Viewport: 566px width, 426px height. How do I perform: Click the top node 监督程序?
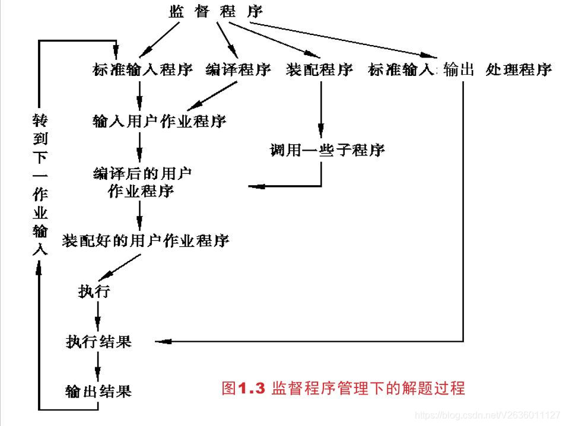coord(215,12)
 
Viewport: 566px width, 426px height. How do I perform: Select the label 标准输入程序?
coord(143,70)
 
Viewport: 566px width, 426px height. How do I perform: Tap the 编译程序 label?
coord(239,70)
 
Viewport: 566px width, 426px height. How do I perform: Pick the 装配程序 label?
coord(319,70)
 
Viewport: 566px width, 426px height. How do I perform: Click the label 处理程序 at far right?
coord(519,70)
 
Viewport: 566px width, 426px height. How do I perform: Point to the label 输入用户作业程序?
coord(160,122)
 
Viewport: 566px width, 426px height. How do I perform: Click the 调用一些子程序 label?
coord(327,150)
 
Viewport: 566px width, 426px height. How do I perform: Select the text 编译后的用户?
coord(143,173)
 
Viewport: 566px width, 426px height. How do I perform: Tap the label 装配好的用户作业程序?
coord(146,241)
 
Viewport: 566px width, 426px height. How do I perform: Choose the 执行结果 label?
coord(98,342)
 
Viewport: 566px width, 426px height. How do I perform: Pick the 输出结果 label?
coord(98,392)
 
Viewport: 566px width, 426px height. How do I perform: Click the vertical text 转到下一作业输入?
coord(39,185)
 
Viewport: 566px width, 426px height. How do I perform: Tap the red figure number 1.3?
coord(250,389)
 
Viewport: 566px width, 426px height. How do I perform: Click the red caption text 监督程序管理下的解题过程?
coord(368,389)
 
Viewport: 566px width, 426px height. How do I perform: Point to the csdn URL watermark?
coord(487,415)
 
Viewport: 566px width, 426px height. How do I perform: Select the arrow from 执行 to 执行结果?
coord(98,315)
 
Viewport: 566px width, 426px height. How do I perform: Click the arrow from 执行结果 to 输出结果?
coord(98,365)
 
